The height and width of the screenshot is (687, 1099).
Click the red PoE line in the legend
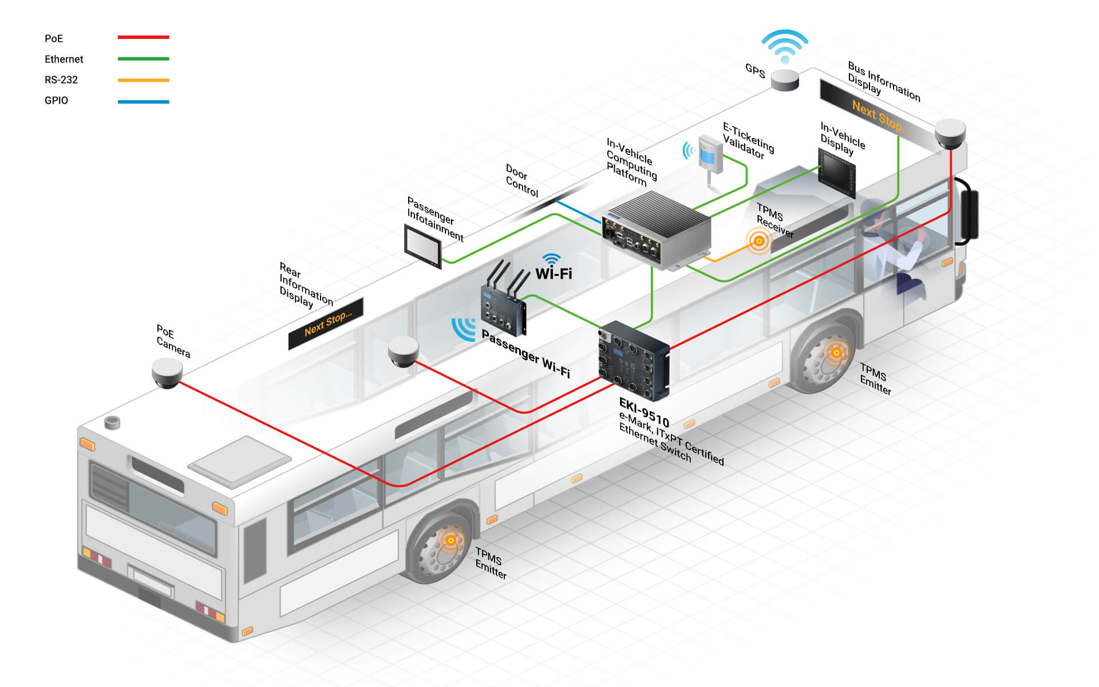(143, 37)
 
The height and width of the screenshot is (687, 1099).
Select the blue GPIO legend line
(143, 102)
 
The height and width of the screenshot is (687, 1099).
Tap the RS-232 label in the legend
(61, 80)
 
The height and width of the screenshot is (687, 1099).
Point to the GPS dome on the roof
(785, 80)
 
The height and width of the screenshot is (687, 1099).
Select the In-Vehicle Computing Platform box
(657, 230)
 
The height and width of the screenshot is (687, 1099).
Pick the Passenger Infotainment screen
(423, 246)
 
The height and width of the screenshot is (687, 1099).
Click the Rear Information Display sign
(326, 323)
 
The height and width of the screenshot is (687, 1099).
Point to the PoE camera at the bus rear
(167, 373)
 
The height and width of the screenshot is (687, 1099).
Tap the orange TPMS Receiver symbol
(759, 241)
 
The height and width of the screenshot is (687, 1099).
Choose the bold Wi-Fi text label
(554, 274)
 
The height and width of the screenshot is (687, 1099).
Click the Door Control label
(521, 180)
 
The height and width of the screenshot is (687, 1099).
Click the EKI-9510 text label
(644, 412)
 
